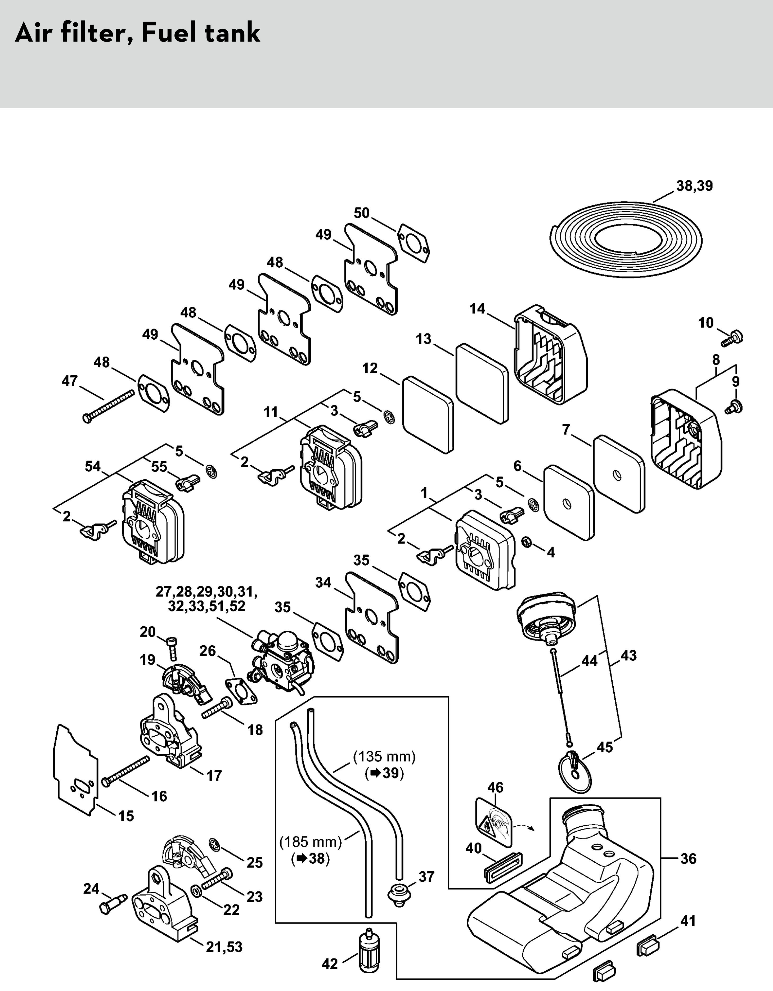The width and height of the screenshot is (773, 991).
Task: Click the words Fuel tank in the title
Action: point(201,33)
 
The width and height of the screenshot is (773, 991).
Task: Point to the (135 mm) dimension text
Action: point(384,756)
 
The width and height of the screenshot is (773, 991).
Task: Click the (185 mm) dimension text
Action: point(310,842)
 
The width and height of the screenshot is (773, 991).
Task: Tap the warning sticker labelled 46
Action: point(494,825)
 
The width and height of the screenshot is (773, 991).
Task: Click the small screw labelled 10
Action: point(732,339)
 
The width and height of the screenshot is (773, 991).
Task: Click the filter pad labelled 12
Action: point(428,414)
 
